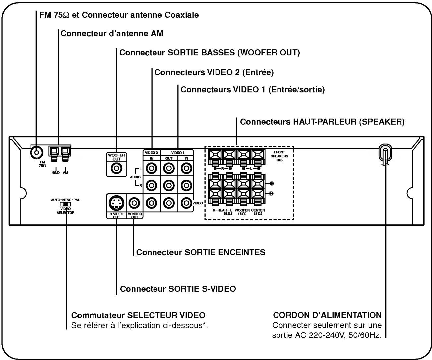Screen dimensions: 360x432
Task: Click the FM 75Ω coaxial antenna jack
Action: pyautogui.click(x=36, y=153)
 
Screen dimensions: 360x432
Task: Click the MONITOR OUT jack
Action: pyautogui.click(x=135, y=202)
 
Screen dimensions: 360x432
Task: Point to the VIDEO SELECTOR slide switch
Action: pyautogui.click(x=65, y=204)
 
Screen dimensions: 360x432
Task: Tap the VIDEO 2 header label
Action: pyautogui.click(x=151, y=153)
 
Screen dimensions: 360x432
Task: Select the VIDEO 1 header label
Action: pyautogui.click(x=178, y=153)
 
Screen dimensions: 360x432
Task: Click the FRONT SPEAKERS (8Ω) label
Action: pyautogui.click(x=279, y=156)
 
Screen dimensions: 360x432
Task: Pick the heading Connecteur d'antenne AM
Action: pyautogui.click(x=112, y=34)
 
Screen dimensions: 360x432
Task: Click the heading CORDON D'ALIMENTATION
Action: pyautogui.click(x=327, y=315)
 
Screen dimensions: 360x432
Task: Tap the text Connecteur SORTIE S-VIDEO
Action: pyautogui.click(x=178, y=289)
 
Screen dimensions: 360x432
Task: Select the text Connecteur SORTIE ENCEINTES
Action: pyautogui.click(x=201, y=252)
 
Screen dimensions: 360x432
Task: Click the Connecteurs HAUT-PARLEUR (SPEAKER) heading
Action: pyautogui.click(x=322, y=122)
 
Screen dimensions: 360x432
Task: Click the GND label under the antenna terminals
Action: pyautogui.click(x=56, y=173)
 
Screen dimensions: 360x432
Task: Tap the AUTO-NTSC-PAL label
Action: pyautogui.click(x=65, y=200)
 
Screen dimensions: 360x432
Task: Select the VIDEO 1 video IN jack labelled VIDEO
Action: pyautogui.click(x=186, y=202)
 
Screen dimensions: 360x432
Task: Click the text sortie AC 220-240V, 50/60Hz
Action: pyautogui.click(x=327, y=335)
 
